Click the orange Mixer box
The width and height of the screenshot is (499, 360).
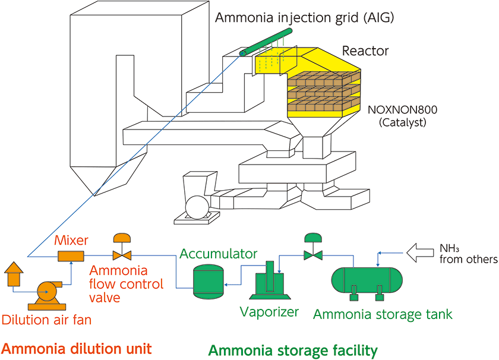click(x=71, y=255)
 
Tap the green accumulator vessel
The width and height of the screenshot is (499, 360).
click(x=209, y=280)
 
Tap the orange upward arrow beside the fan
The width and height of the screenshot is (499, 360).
click(x=13, y=272)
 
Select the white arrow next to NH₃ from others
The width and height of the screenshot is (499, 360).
click(x=418, y=254)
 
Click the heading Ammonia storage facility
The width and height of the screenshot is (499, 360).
click(x=293, y=350)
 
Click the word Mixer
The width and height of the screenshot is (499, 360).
click(x=71, y=241)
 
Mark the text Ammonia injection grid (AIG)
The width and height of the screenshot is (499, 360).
click(x=304, y=17)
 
